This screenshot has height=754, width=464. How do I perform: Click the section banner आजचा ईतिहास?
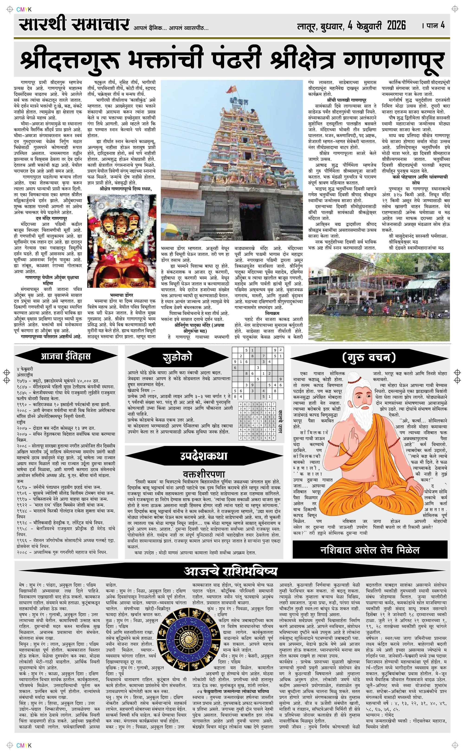[66, 356]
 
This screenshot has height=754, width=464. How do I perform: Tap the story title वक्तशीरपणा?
[204, 474]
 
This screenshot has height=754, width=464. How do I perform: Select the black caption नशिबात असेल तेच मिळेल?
[370, 550]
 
